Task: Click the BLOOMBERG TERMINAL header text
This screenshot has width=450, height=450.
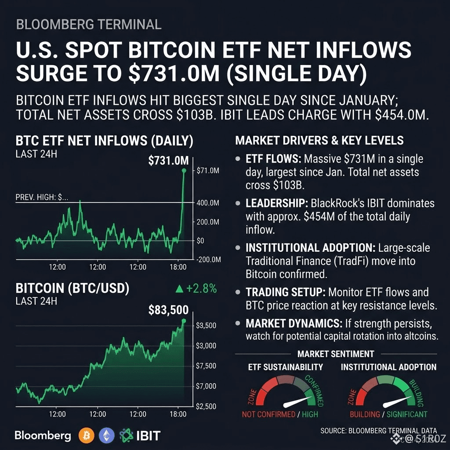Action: click(89, 25)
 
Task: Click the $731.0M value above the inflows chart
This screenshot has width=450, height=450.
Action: click(168, 160)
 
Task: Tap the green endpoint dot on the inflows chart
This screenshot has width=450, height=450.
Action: click(184, 171)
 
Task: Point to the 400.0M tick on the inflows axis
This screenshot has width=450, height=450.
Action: click(208, 203)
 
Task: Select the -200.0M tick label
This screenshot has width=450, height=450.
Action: click(209, 259)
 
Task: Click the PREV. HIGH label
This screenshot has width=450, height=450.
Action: click(42, 197)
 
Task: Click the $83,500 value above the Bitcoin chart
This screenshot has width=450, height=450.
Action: click(168, 310)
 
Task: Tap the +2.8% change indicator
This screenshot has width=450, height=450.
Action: click(201, 288)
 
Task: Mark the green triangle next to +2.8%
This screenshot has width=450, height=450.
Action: click(179, 289)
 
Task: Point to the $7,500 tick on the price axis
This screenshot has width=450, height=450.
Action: click(206, 366)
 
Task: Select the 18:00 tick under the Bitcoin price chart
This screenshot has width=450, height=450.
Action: click(178, 414)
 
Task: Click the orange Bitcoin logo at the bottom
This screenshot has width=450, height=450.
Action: click(87, 435)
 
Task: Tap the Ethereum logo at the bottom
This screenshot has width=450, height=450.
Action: click(106, 435)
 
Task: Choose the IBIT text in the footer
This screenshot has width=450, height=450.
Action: click(148, 435)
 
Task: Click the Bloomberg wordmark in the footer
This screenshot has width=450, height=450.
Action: click(43, 435)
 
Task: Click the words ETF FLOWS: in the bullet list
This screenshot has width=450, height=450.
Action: click(273, 159)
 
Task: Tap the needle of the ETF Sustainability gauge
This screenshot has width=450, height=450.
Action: click(295, 402)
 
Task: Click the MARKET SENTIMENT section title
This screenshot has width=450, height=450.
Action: click(336, 354)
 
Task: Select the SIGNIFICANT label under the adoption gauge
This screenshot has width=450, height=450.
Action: click(407, 414)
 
